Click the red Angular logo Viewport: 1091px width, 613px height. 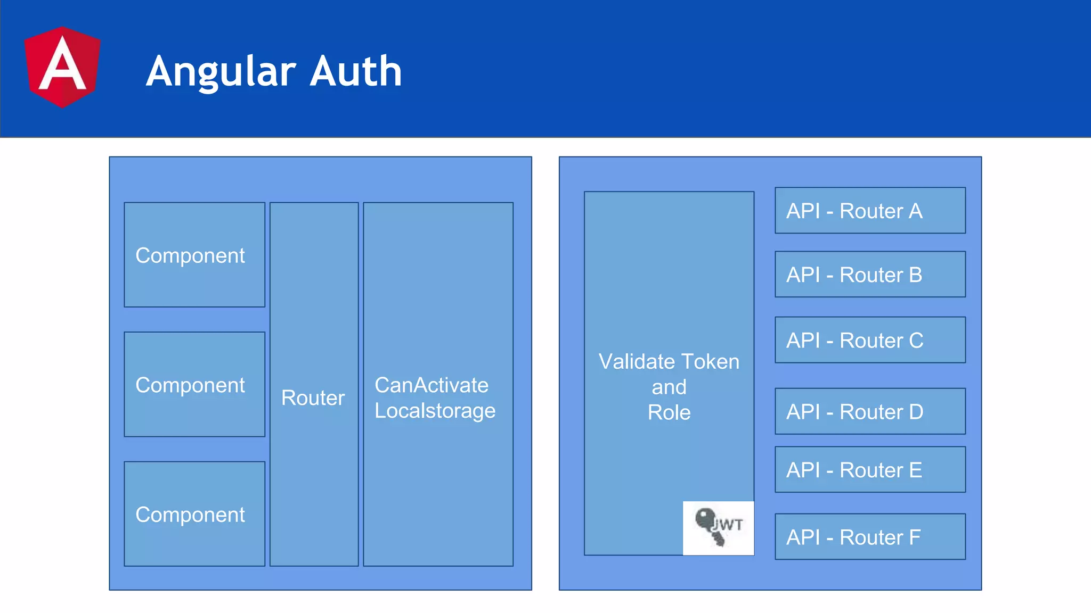pyautogui.click(x=62, y=67)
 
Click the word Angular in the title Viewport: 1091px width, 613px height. pyautogui.click(x=221, y=72)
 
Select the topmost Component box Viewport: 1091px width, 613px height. pyautogui.click(x=194, y=255)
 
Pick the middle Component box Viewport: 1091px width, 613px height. pyautogui.click(x=194, y=384)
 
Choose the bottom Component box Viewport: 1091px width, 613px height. pyautogui.click(x=194, y=513)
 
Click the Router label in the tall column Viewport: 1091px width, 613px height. pyautogui.click(x=313, y=397)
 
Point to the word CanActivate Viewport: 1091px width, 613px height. pyautogui.click(x=431, y=385)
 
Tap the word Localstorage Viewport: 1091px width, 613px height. pyautogui.click(x=435, y=410)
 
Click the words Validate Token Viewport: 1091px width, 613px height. pyautogui.click(x=669, y=362)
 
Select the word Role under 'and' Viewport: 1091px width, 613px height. pyautogui.click(x=669, y=412)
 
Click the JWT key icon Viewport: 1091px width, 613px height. pyautogui.click(x=718, y=527)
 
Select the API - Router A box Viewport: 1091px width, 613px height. pyautogui.click(x=870, y=211)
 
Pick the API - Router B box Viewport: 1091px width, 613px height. pyautogui.click(x=870, y=275)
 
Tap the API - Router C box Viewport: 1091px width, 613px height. pyautogui.click(x=870, y=340)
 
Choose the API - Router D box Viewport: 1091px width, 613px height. pyautogui.click(x=870, y=411)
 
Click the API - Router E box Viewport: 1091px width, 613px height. pyautogui.click(x=870, y=470)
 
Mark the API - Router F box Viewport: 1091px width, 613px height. pyautogui.click(x=870, y=537)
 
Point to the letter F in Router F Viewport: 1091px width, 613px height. pyautogui.click(x=915, y=537)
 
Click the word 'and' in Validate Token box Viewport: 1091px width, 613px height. pyautogui.click(x=669, y=387)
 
